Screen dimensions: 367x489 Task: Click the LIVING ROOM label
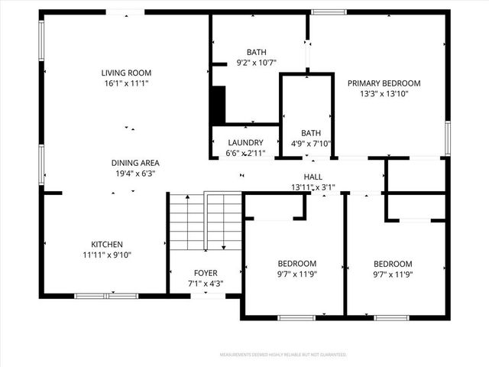pyautogui.click(x=124, y=73)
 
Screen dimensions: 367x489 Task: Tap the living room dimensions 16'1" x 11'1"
pyautogui.click(x=124, y=83)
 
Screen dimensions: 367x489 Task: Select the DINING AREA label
pyautogui.click(x=134, y=163)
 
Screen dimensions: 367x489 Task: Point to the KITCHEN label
pyautogui.click(x=107, y=245)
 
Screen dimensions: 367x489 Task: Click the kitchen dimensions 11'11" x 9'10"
pyautogui.click(x=107, y=255)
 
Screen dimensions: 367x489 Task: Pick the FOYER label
pyautogui.click(x=205, y=272)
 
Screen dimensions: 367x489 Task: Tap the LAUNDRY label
pyautogui.click(x=245, y=143)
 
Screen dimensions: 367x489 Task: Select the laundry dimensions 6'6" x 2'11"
pyautogui.click(x=245, y=153)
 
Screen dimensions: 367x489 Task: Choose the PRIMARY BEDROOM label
pyautogui.click(x=384, y=83)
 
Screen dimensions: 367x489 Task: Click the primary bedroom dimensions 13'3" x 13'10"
pyautogui.click(x=384, y=93)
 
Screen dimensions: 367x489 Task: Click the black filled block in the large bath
pyautogui.click(x=218, y=105)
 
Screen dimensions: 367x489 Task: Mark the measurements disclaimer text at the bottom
pyautogui.click(x=283, y=355)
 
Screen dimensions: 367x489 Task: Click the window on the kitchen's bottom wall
pyautogui.click(x=106, y=295)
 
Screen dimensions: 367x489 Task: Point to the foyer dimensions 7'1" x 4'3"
pyautogui.click(x=205, y=282)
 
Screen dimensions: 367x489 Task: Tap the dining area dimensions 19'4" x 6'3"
pyautogui.click(x=134, y=173)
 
